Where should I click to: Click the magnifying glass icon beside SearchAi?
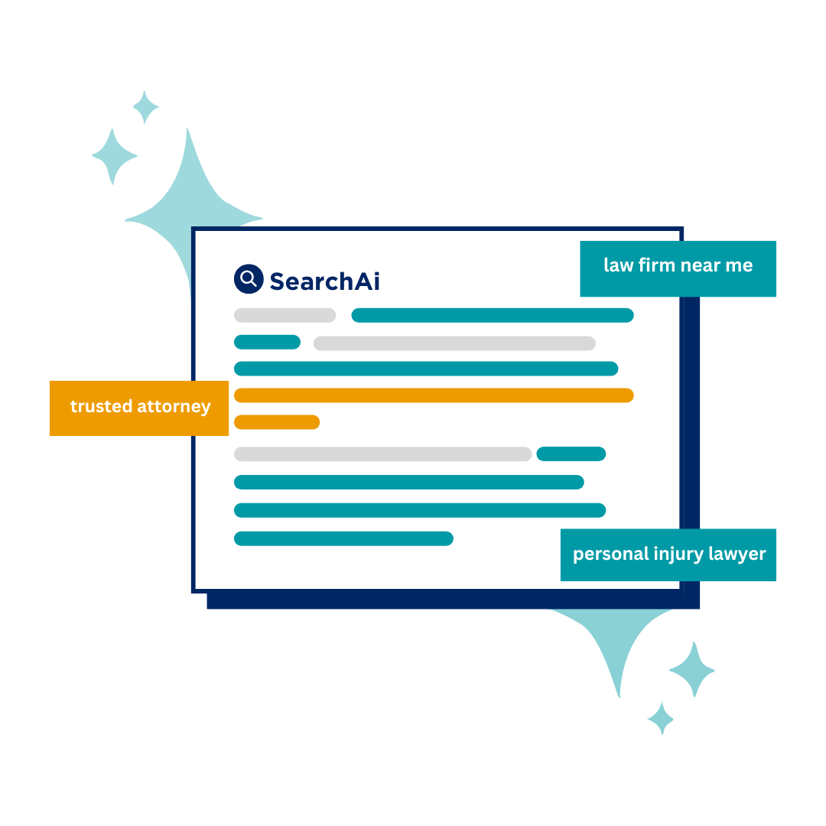click(x=248, y=279)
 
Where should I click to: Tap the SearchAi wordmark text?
click(x=324, y=281)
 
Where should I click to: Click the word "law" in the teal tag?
click(x=618, y=265)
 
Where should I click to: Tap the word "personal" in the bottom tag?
click(x=607, y=554)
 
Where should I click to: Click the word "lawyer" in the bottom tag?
click(x=737, y=554)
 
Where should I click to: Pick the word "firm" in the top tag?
click(x=652, y=265)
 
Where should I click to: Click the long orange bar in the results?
click(x=434, y=395)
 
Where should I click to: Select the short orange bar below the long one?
click(x=277, y=422)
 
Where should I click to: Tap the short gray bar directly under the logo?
click(x=285, y=315)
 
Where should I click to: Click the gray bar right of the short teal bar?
click(x=454, y=343)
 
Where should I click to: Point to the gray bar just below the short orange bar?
click(x=382, y=454)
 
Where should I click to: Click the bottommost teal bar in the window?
click(x=343, y=539)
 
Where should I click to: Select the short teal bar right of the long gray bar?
click(x=571, y=454)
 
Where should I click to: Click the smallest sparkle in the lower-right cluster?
click(x=661, y=718)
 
